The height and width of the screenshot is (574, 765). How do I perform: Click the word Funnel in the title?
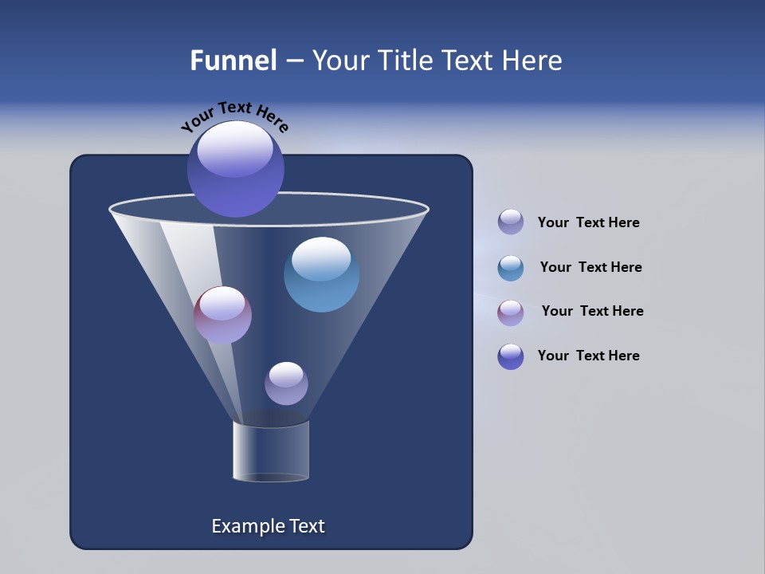(x=233, y=61)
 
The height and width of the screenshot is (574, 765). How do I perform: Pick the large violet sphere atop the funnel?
(x=236, y=169)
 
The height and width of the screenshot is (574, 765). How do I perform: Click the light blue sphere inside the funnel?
(x=321, y=274)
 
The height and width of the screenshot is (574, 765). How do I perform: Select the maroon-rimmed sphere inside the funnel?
(x=223, y=315)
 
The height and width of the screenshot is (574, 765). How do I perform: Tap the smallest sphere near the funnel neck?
(x=286, y=383)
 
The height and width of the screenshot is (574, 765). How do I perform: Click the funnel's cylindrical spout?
(x=271, y=452)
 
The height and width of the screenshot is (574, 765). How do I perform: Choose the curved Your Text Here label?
(x=234, y=116)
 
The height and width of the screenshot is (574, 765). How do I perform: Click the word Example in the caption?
(x=245, y=526)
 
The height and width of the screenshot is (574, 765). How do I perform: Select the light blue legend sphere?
(x=511, y=268)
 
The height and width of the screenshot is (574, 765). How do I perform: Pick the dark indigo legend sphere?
(x=511, y=356)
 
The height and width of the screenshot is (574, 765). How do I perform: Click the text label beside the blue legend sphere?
(x=590, y=267)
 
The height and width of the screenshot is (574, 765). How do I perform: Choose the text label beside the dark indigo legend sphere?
(x=588, y=356)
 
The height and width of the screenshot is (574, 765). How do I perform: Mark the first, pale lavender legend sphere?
(x=511, y=222)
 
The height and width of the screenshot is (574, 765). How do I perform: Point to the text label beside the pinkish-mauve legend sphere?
(x=592, y=311)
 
